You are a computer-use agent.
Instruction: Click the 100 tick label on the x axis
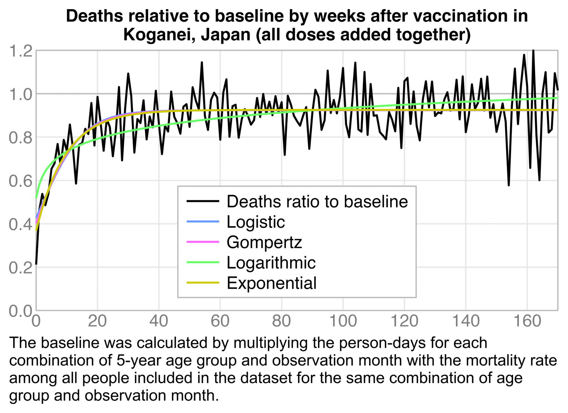pyautogui.click(x=343, y=322)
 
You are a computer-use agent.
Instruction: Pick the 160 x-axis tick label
pyautogui.click(x=527, y=322)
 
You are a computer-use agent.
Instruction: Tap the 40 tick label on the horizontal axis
pyautogui.click(x=159, y=322)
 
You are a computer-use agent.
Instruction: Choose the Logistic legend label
pyautogui.click(x=256, y=222)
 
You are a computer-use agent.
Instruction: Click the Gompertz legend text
pyautogui.click(x=264, y=242)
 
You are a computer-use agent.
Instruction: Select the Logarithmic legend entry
pyautogui.click(x=271, y=263)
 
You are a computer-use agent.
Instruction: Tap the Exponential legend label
pyautogui.click(x=272, y=283)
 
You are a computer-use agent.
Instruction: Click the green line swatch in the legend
pyautogui.click(x=203, y=262)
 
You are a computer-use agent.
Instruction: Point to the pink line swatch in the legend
pyautogui.click(x=203, y=242)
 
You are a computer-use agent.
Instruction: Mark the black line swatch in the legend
pyautogui.click(x=203, y=201)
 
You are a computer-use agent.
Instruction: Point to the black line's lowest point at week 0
pyautogui.click(x=36, y=264)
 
